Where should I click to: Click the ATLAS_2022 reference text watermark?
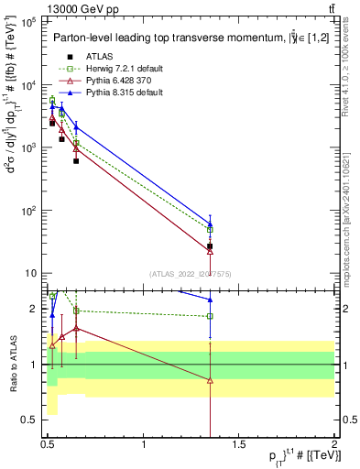click(x=191, y=272)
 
